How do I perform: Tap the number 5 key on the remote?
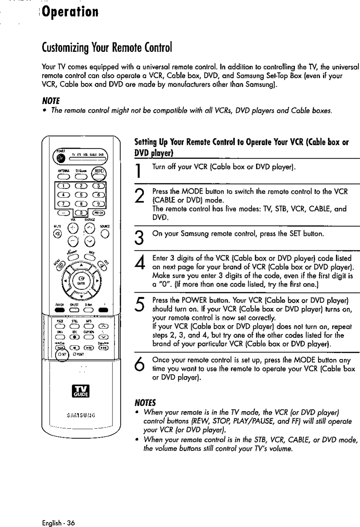[81, 194]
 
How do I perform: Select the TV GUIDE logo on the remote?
[81, 390]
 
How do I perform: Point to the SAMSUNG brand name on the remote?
[81, 415]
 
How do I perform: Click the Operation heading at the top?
[71, 12]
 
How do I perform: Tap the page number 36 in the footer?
[70, 523]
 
